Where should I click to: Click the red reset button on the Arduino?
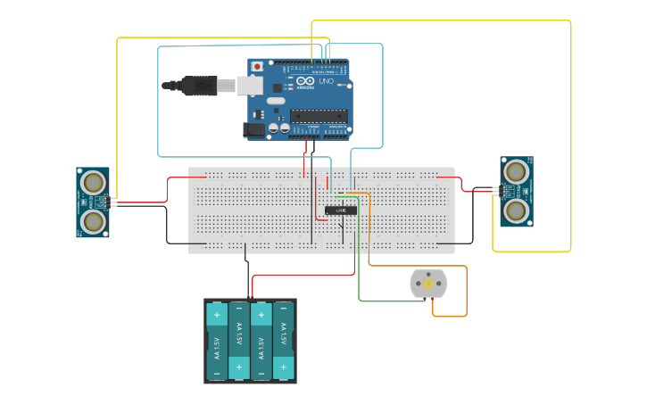pos(258,66)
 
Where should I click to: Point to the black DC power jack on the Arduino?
pos(256,130)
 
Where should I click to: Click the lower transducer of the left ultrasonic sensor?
pos(92,220)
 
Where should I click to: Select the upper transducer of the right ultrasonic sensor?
pos(516,171)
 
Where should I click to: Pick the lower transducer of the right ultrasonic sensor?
pos(516,210)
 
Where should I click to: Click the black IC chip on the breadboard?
pos(341,210)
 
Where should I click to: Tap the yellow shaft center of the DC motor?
pos(428,284)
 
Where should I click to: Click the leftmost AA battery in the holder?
pos(217,341)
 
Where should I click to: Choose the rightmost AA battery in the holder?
pos(284,341)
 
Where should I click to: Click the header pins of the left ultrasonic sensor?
pos(112,202)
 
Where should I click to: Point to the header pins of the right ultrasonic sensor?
pos(496,190)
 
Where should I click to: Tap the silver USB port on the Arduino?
pos(248,85)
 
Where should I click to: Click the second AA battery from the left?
pos(239,341)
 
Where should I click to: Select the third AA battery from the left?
pos(261,341)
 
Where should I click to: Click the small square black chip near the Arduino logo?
pos(278,88)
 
